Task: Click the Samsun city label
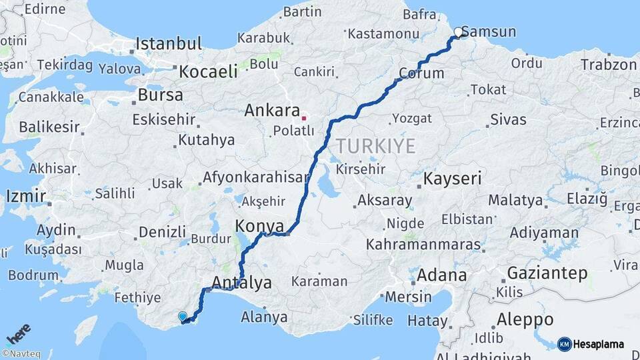click(x=489, y=31)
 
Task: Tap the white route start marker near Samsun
click(x=459, y=32)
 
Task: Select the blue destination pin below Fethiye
click(x=183, y=317)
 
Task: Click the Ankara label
click(x=271, y=110)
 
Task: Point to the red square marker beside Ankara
click(x=304, y=119)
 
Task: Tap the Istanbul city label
click(x=169, y=44)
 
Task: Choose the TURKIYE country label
click(x=375, y=146)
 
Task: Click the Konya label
click(x=259, y=225)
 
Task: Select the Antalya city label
click(x=241, y=283)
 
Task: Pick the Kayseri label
click(x=453, y=179)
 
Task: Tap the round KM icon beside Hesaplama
click(x=564, y=344)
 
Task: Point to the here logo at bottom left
click(x=18, y=333)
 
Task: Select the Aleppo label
click(x=524, y=319)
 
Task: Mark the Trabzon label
click(x=609, y=65)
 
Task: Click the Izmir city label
click(x=26, y=196)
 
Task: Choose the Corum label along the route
click(x=421, y=73)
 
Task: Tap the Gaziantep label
click(x=547, y=273)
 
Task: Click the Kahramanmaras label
click(x=423, y=245)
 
